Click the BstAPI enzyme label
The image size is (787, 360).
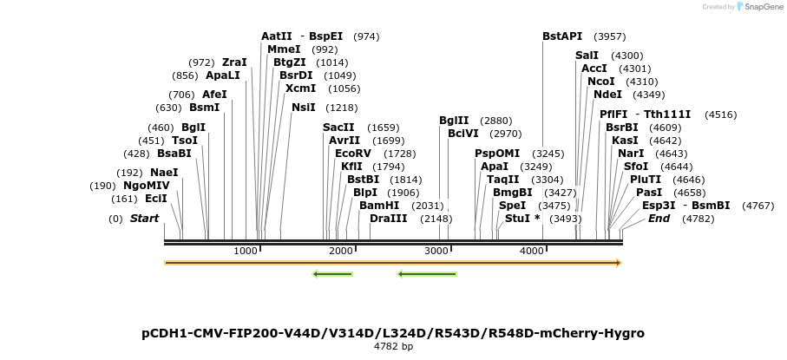click(561, 36)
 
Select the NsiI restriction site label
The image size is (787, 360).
click(303, 108)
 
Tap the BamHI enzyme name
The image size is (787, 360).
click(379, 206)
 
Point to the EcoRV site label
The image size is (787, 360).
click(352, 154)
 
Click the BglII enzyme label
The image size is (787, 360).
click(454, 121)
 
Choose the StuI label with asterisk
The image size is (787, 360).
click(522, 219)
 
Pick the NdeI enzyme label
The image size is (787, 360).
click(607, 95)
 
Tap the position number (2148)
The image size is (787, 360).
click(436, 219)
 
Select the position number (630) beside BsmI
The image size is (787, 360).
click(168, 108)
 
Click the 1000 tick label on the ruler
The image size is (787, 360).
click(246, 251)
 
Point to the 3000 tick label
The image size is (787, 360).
click(436, 251)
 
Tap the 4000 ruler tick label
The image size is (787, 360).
click(531, 251)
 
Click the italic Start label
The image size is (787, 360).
click(144, 219)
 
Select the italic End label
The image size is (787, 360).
click(659, 219)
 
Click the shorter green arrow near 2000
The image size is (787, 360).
click(332, 275)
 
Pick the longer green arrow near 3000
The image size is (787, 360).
click(426, 275)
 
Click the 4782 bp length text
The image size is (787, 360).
click(393, 347)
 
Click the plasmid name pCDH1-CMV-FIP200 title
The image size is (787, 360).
click(393, 333)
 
